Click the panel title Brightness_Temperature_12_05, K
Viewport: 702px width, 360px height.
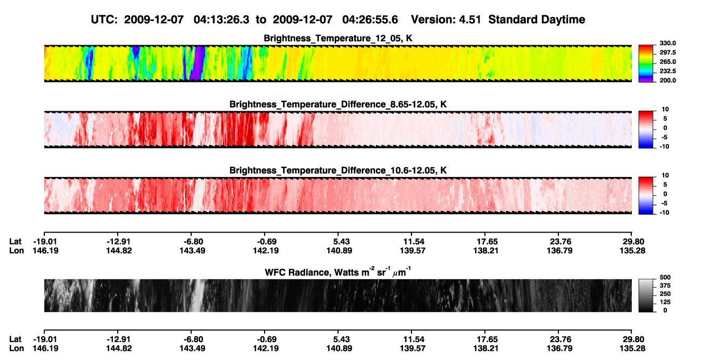click(x=338, y=38)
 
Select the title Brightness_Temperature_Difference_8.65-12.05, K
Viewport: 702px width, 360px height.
click(x=338, y=104)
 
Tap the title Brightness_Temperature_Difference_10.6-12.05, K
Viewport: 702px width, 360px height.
click(x=338, y=171)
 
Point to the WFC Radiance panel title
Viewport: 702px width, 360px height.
click(x=338, y=271)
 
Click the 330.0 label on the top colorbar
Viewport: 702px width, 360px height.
click(x=667, y=43)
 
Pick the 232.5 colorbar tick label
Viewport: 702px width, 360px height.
click(x=667, y=71)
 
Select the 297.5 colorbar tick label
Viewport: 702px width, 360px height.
click(x=667, y=53)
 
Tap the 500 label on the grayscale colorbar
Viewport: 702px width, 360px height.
click(x=665, y=277)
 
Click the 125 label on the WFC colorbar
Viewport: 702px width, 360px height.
click(x=665, y=302)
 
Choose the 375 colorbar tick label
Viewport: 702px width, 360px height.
click(x=665, y=286)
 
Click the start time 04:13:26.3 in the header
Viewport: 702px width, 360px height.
click(x=221, y=19)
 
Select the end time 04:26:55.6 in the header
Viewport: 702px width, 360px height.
click(x=370, y=19)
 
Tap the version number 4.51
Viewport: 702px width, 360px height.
click(x=470, y=19)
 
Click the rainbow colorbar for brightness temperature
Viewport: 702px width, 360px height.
click(x=646, y=63)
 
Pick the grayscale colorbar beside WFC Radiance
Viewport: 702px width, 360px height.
click(x=646, y=295)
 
